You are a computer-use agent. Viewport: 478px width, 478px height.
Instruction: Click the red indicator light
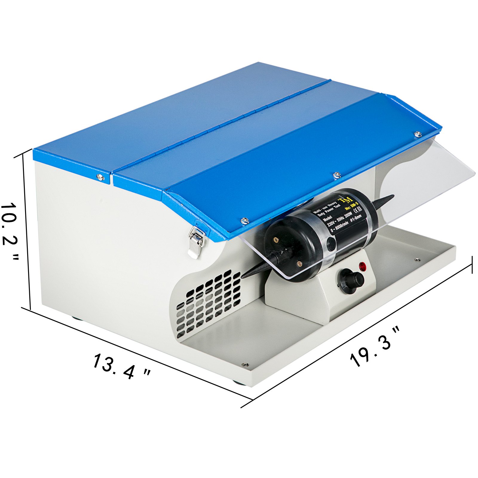tap(363, 266)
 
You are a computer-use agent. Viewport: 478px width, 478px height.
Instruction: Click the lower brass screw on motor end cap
tap(299, 263)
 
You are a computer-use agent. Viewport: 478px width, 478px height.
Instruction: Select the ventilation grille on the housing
tap(209, 302)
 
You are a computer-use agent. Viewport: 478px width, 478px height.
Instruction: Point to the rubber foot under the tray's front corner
tap(240, 383)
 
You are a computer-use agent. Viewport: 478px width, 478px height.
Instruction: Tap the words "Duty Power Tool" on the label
tap(329, 211)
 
